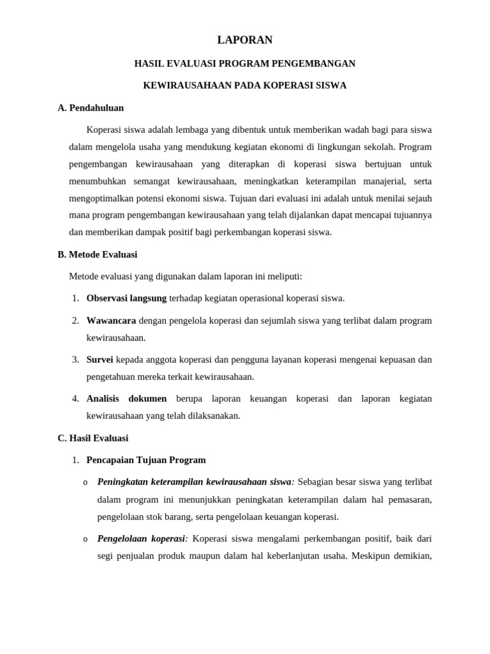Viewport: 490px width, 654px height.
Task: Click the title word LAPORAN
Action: pyautogui.click(x=244, y=40)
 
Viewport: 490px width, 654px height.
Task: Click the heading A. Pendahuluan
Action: pyautogui.click(x=91, y=108)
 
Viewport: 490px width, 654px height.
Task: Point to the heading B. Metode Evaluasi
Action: pyautogui.click(x=97, y=254)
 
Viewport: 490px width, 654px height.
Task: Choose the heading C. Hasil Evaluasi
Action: pyautogui.click(x=93, y=438)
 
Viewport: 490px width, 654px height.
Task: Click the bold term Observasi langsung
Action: pyautogui.click(x=126, y=298)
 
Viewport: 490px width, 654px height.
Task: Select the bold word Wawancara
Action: pyautogui.click(x=111, y=321)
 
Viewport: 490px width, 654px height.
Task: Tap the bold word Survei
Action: pyautogui.click(x=100, y=360)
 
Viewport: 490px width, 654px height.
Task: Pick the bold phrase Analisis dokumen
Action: pyautogui.click(x=126, y=399)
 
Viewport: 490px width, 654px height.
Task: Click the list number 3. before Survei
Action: pyautogui.click(x=75, y=360)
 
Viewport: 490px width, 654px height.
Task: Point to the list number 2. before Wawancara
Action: pyautogui.click(x=75, y=321)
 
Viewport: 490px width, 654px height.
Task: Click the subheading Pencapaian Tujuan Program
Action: pyautogui.click(x=146, y=460)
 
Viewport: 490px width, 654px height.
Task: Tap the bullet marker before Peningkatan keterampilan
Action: pyautogui.click(x=85, y=482)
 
